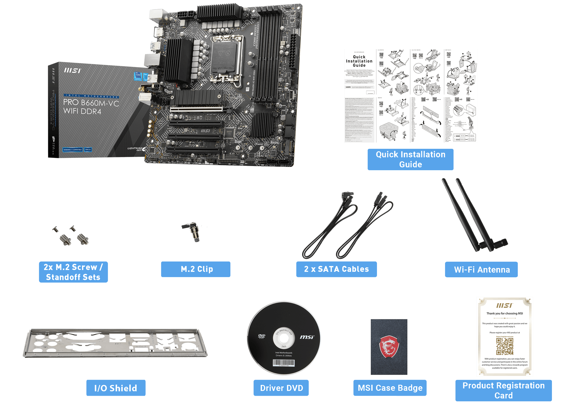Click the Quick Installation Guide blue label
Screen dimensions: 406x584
410,159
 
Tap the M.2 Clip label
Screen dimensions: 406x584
196,269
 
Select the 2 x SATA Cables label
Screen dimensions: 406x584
336,269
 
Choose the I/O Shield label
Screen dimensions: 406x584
116,388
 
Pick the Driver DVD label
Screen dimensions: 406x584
281,388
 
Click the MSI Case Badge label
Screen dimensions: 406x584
390,388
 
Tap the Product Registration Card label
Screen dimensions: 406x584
503,391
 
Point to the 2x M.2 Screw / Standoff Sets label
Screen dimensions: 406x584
73,272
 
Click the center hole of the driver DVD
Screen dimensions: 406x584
284,339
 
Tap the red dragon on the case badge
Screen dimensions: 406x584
389,346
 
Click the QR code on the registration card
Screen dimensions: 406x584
505,346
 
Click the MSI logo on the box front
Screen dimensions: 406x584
72,71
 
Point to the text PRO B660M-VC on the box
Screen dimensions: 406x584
91,103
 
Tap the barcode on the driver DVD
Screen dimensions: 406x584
284,363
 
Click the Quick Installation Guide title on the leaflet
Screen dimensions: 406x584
359,61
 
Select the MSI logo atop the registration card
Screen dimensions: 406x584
504,305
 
